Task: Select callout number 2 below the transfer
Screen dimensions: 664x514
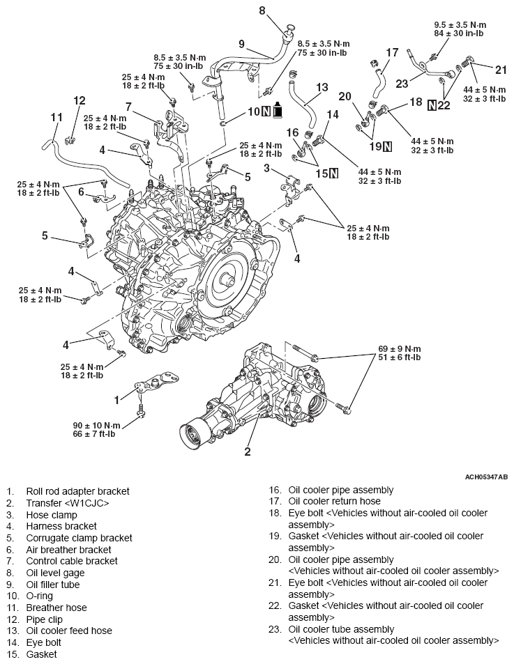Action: coord(247,451)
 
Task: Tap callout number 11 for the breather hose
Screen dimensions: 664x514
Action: coord(56,117)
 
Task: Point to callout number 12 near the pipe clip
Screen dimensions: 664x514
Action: coord(79,100)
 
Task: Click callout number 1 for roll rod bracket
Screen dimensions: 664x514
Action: coord(116,399)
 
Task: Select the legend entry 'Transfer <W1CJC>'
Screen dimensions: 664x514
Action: coord(67,502)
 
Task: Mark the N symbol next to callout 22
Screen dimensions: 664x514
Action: coord(432,106)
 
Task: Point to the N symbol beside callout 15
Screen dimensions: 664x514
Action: coord(333,173)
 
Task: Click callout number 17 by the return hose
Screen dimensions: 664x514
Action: coord(392,52)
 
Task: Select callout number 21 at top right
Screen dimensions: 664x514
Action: coord(500,68)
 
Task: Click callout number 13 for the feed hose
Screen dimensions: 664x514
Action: coord(321,87)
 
